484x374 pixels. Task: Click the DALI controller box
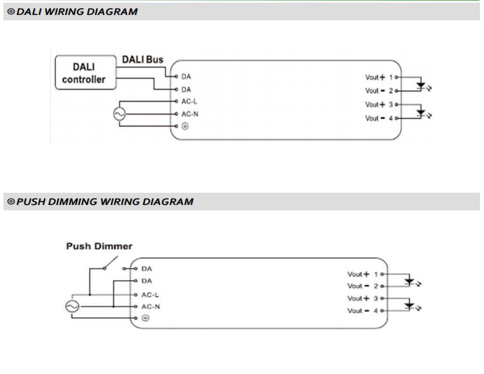[x=84, y=73]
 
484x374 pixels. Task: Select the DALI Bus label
[x=142, y=60]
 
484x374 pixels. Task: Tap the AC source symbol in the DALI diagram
[x=120, y=114]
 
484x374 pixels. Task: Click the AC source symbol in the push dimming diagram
[x=72, y=306]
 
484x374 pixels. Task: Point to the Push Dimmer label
[x=99, y=246]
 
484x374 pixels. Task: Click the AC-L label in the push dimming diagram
[x=150, y=294]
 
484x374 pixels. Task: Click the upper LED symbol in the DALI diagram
[x=421, y=85]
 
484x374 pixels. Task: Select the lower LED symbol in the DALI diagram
[x=421, y=113]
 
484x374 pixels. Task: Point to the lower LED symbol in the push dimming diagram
[x=409, y=306]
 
